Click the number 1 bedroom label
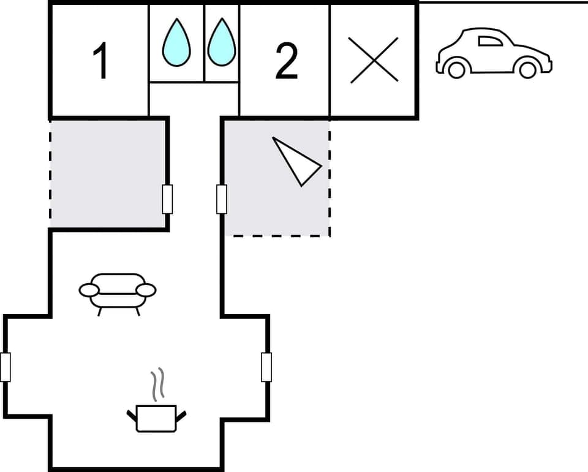click(x=101, y=62)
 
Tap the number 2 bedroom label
click(x=286, y=62)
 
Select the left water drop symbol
click(x=176, y=43)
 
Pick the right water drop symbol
click(x=221, y=43)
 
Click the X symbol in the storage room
click(x=374, y=60)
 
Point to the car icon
click(x=494, y=53)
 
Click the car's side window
click(x=489, y=41)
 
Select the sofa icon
click(x=118, y=292)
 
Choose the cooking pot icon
click(x=156, y=417)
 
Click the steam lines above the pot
click(x=159, y=383)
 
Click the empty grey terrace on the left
click(x=107, y=173)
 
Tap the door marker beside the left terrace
click(x=167, y=199)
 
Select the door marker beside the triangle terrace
click(x=222, y=199)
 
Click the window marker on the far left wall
click(x=6, y=367)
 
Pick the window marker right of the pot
click(x=266, y=367)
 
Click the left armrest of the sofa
click(x=89, y=289)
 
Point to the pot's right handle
click(x=181, y=416)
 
